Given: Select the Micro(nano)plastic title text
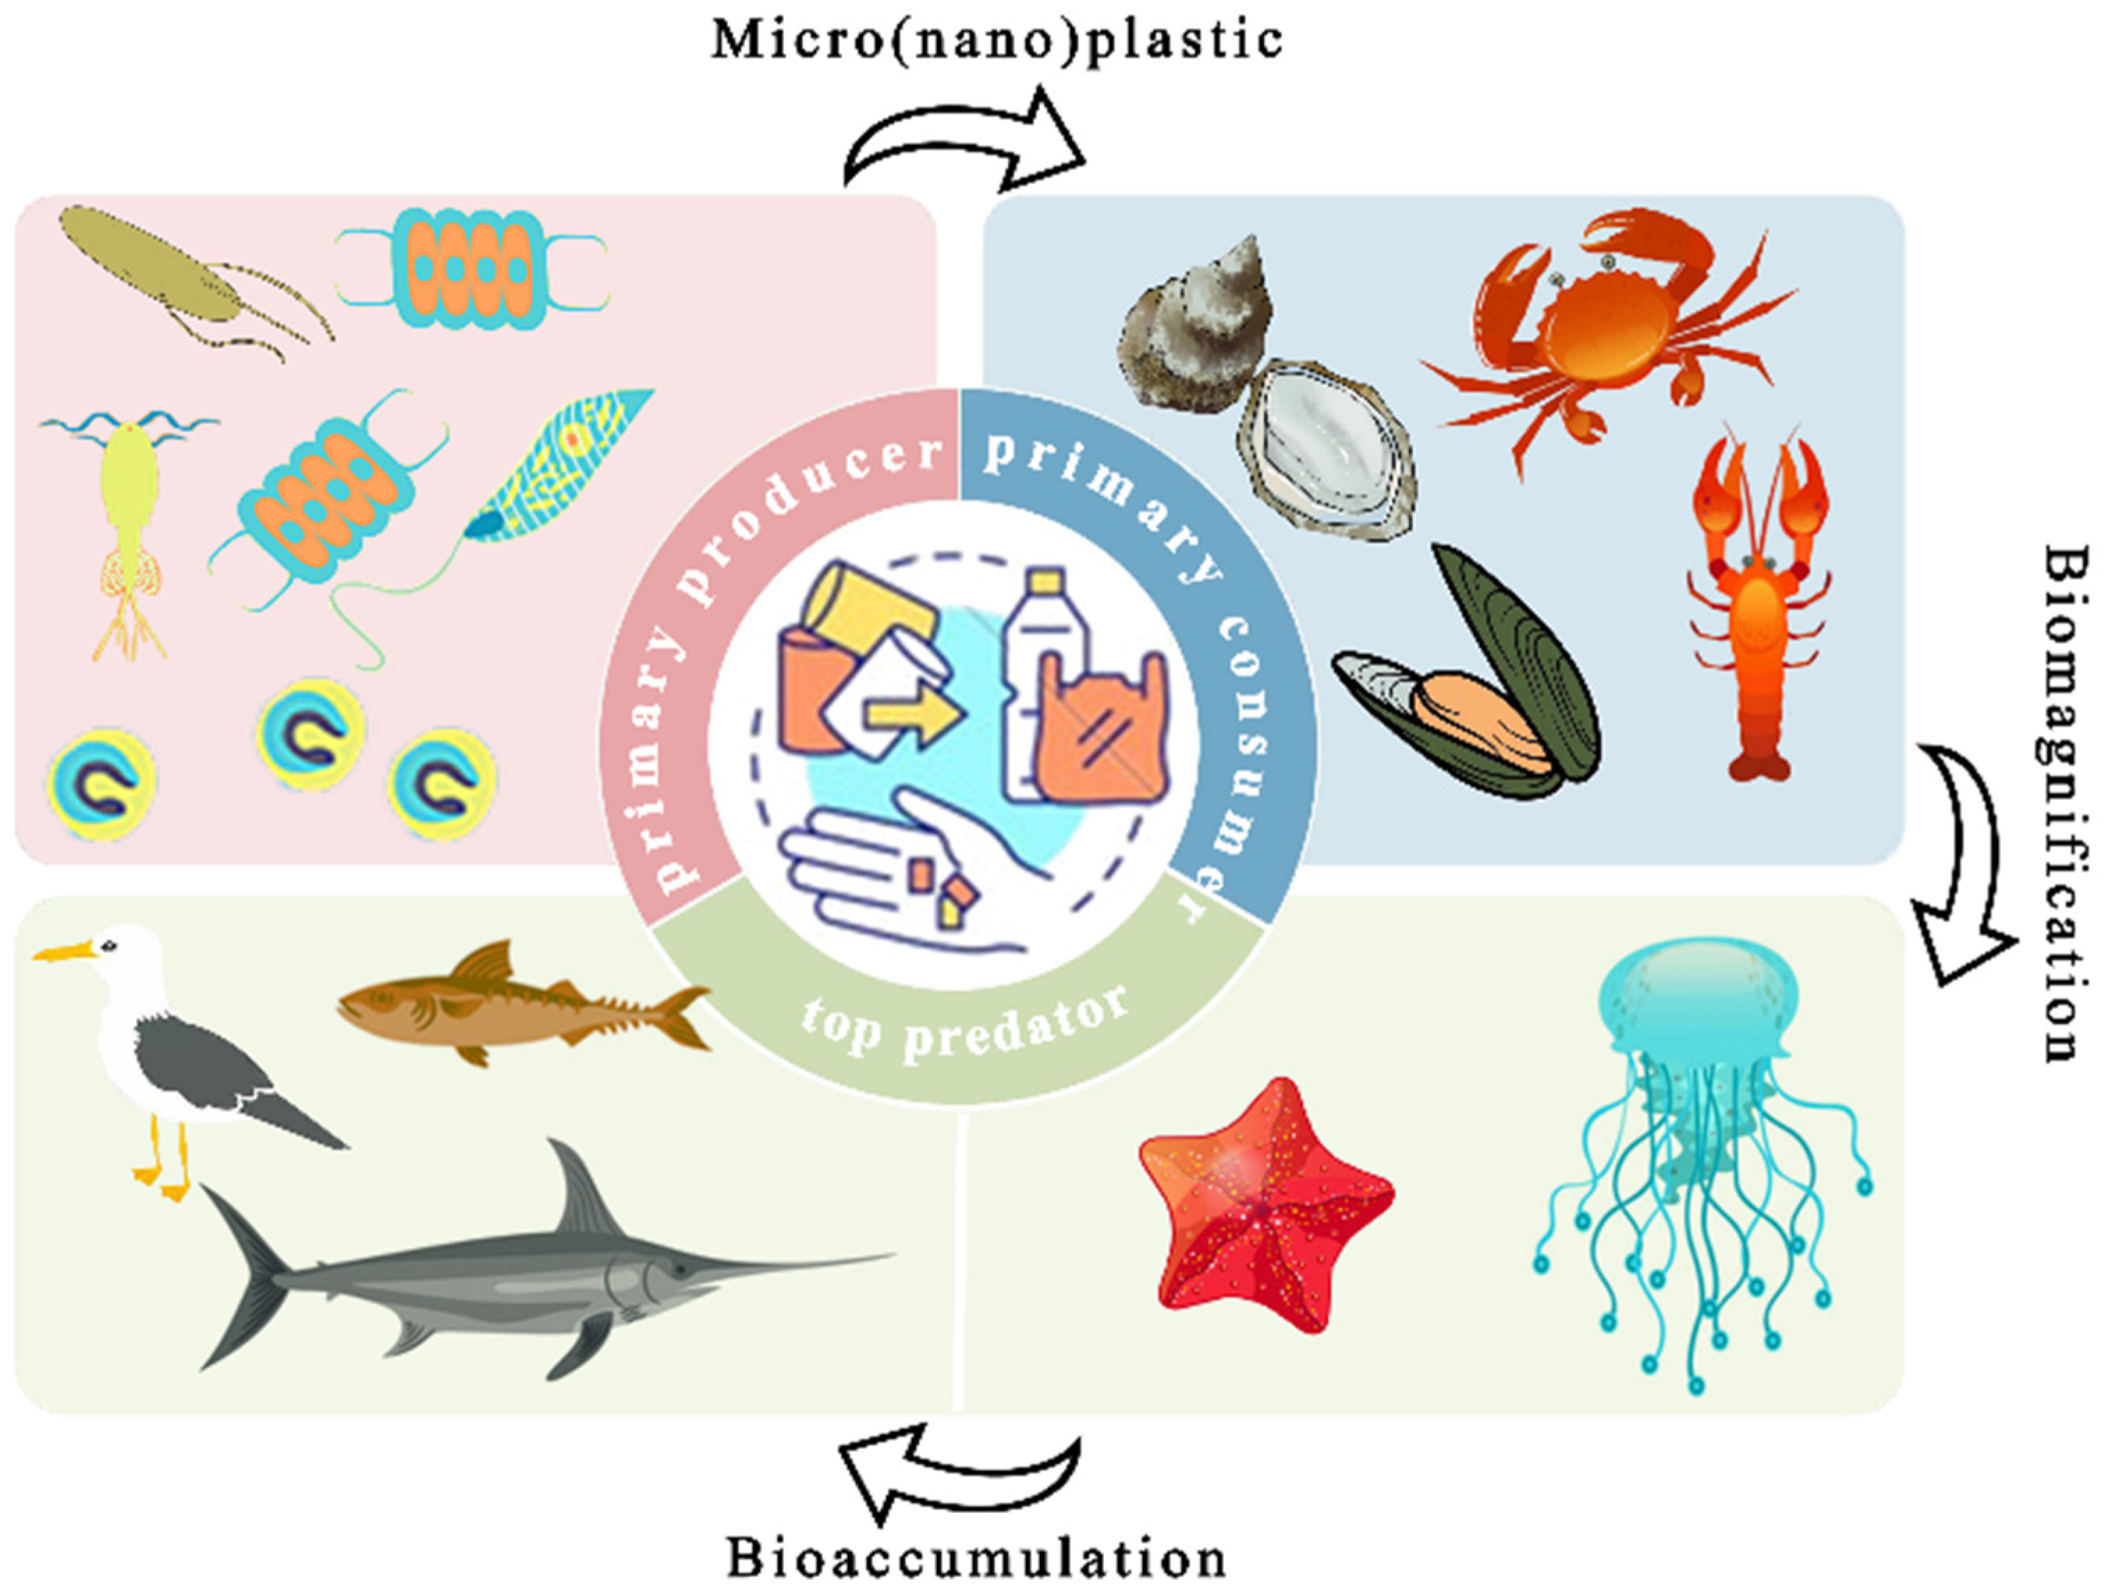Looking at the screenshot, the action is click(x=998, y=40).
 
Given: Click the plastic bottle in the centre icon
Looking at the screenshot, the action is click(x=1042, y=657).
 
